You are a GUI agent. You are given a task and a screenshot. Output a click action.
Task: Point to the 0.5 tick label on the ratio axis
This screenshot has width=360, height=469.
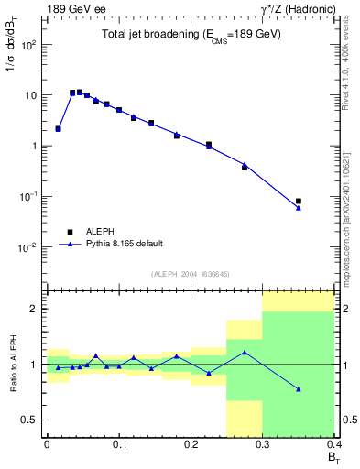[31, 420]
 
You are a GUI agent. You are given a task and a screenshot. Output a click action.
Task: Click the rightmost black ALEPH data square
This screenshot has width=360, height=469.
[299, 201]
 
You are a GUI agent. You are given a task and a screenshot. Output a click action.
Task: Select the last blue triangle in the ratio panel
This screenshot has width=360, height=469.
[299, 389]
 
